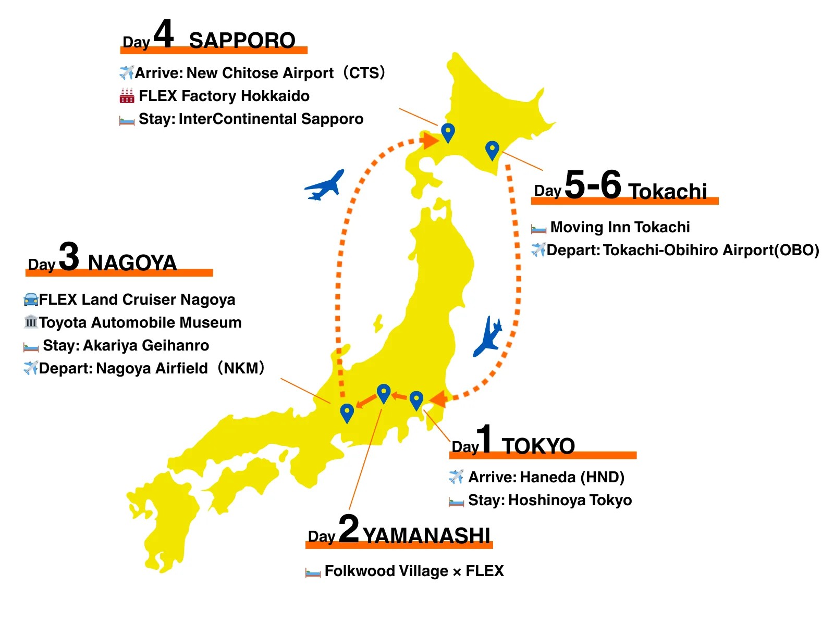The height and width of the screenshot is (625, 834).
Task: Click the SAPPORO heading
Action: click(242, 40)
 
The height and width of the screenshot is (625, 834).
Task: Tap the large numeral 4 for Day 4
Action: click(163, 34)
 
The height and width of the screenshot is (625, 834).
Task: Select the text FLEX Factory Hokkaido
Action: click(224, 96)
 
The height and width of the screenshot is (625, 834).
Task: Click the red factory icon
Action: click(127, 96)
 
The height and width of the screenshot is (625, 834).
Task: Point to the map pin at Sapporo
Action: click(448, 132)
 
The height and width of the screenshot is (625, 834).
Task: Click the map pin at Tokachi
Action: click(492, 150)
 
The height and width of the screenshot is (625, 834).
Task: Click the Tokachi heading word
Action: click(667, 191)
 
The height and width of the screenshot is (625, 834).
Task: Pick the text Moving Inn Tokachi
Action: click(620, 227)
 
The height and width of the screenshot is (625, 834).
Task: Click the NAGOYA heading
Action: click(132, 262)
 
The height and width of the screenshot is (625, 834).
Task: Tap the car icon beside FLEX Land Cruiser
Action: click(31, 299)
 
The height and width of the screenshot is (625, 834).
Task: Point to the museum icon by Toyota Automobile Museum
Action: click(31, 322)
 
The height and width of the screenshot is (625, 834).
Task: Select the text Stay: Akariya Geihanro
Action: click(126, 345)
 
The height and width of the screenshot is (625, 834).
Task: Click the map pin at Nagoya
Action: click(347, 413)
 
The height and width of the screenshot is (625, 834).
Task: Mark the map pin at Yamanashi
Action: click(384, 393)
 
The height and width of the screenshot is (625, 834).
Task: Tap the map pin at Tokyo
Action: click(416, 400)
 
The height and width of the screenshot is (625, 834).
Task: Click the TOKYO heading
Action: click(538, 446)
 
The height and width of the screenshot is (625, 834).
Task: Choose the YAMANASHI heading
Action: click(426, 535)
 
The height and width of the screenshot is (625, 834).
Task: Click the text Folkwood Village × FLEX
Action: click(414, 571)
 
